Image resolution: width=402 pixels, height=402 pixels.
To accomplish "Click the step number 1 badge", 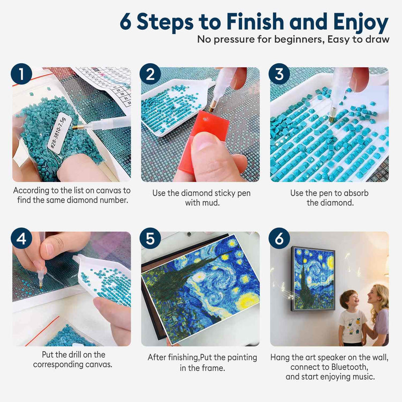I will click(21, 74).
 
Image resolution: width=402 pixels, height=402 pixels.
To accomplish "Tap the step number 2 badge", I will click(150, 74).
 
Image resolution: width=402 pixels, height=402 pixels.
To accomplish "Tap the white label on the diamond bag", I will click(56, 131).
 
